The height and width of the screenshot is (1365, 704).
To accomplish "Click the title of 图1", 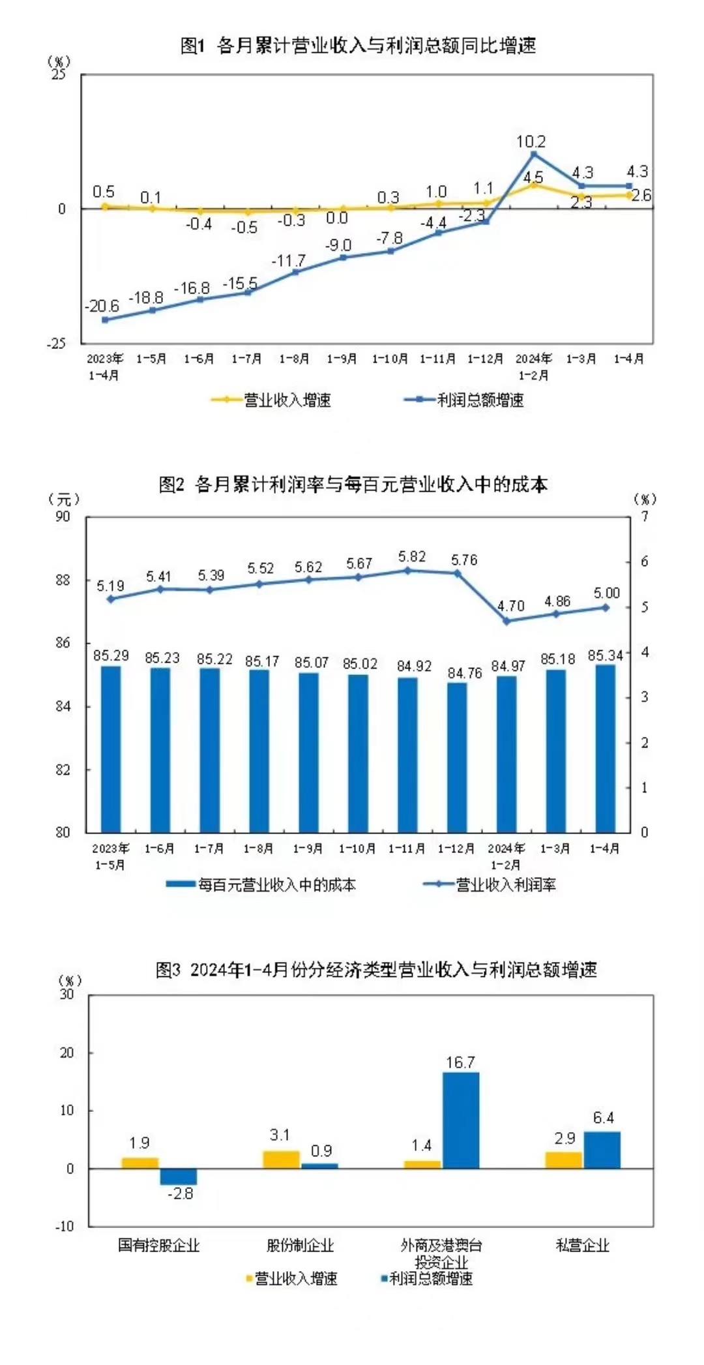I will [x=358, y=46].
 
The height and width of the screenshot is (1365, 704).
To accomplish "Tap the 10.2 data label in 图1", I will [x=531, y=142].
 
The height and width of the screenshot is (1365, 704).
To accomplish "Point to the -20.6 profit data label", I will [x=102, y=306].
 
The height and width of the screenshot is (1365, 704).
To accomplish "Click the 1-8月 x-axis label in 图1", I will [x=294, y=359].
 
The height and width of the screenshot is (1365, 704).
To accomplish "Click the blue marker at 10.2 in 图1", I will [x=534, y=154].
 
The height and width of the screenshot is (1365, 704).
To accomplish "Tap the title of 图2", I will [x=353, y=485].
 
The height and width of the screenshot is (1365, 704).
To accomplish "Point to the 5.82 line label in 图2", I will [x=412, y=556].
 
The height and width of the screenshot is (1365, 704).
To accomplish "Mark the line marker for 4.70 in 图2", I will [x=506, y=621].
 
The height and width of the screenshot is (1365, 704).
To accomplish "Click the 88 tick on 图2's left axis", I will [x=63, y=580].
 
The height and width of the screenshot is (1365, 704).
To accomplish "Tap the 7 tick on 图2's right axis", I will [x=644, y=517].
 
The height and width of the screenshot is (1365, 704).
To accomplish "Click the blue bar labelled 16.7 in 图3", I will [x=461, y=1120].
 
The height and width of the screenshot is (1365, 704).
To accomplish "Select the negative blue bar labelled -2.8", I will [x=179, y=1176].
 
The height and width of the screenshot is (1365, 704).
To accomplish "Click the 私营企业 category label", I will [x=582, y=1245].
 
